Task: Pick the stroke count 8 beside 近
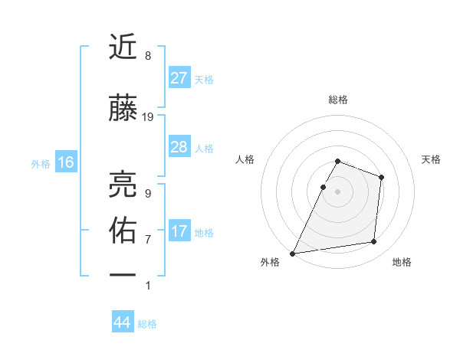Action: pyautogui.click(x=147, y=56)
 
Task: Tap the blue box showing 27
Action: pyautogui.click(x=179, y=78)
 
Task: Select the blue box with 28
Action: pyautogui.click(x=179, y=147)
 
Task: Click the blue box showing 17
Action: pyautogui.click(x=179, y=231)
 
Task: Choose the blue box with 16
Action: pyautogui.click(x=65, y=162)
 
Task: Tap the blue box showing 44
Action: pyautogui.click(x=122, y=323)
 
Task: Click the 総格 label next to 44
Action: pyautogui.click(x=147, y=324)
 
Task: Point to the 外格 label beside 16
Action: pyautogui.click(x=41, y=163)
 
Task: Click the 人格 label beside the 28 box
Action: pyautogui.click(x=204, y=148)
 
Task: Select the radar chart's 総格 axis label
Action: pyautogui.click(x=337, y=100)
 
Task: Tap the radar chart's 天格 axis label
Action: pyautogui.click(x=431, y=159)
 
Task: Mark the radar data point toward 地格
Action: pyautogui.click(x=374, y=242)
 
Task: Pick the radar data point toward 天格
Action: pyautogui.click(x=381, y=177)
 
